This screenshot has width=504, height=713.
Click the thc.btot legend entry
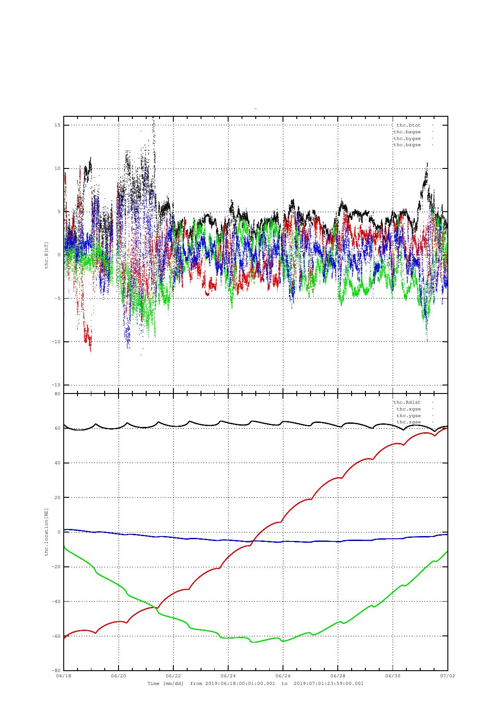(x=408, y=125)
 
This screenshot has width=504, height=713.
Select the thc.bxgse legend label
(x=407, y=132)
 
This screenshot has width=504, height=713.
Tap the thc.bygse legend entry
(x=407, y=139)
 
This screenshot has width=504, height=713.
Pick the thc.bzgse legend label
(x=407, y=145)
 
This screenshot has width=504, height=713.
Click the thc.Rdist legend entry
(x=407, y=402)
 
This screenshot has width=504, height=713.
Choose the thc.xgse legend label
(x=409, y=409)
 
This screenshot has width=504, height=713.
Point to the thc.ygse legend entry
(x=409, y=416)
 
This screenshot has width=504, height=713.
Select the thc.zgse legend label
(x=409, y=422)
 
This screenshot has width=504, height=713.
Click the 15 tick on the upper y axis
(x=57, y=125)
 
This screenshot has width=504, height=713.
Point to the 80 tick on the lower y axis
(x=57, y=394)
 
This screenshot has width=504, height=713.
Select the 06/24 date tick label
(x=228, y=676)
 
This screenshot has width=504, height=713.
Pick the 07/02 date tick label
(x=448, y=676)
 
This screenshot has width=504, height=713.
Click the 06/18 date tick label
(x=64, y=676)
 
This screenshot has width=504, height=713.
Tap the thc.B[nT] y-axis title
(x=46, y=255)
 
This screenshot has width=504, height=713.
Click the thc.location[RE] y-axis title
(x=46, y=532)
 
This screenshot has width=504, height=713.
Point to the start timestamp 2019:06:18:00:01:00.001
(x=240, y=684)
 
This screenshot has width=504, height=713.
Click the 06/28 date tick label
(x=338, y=676)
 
